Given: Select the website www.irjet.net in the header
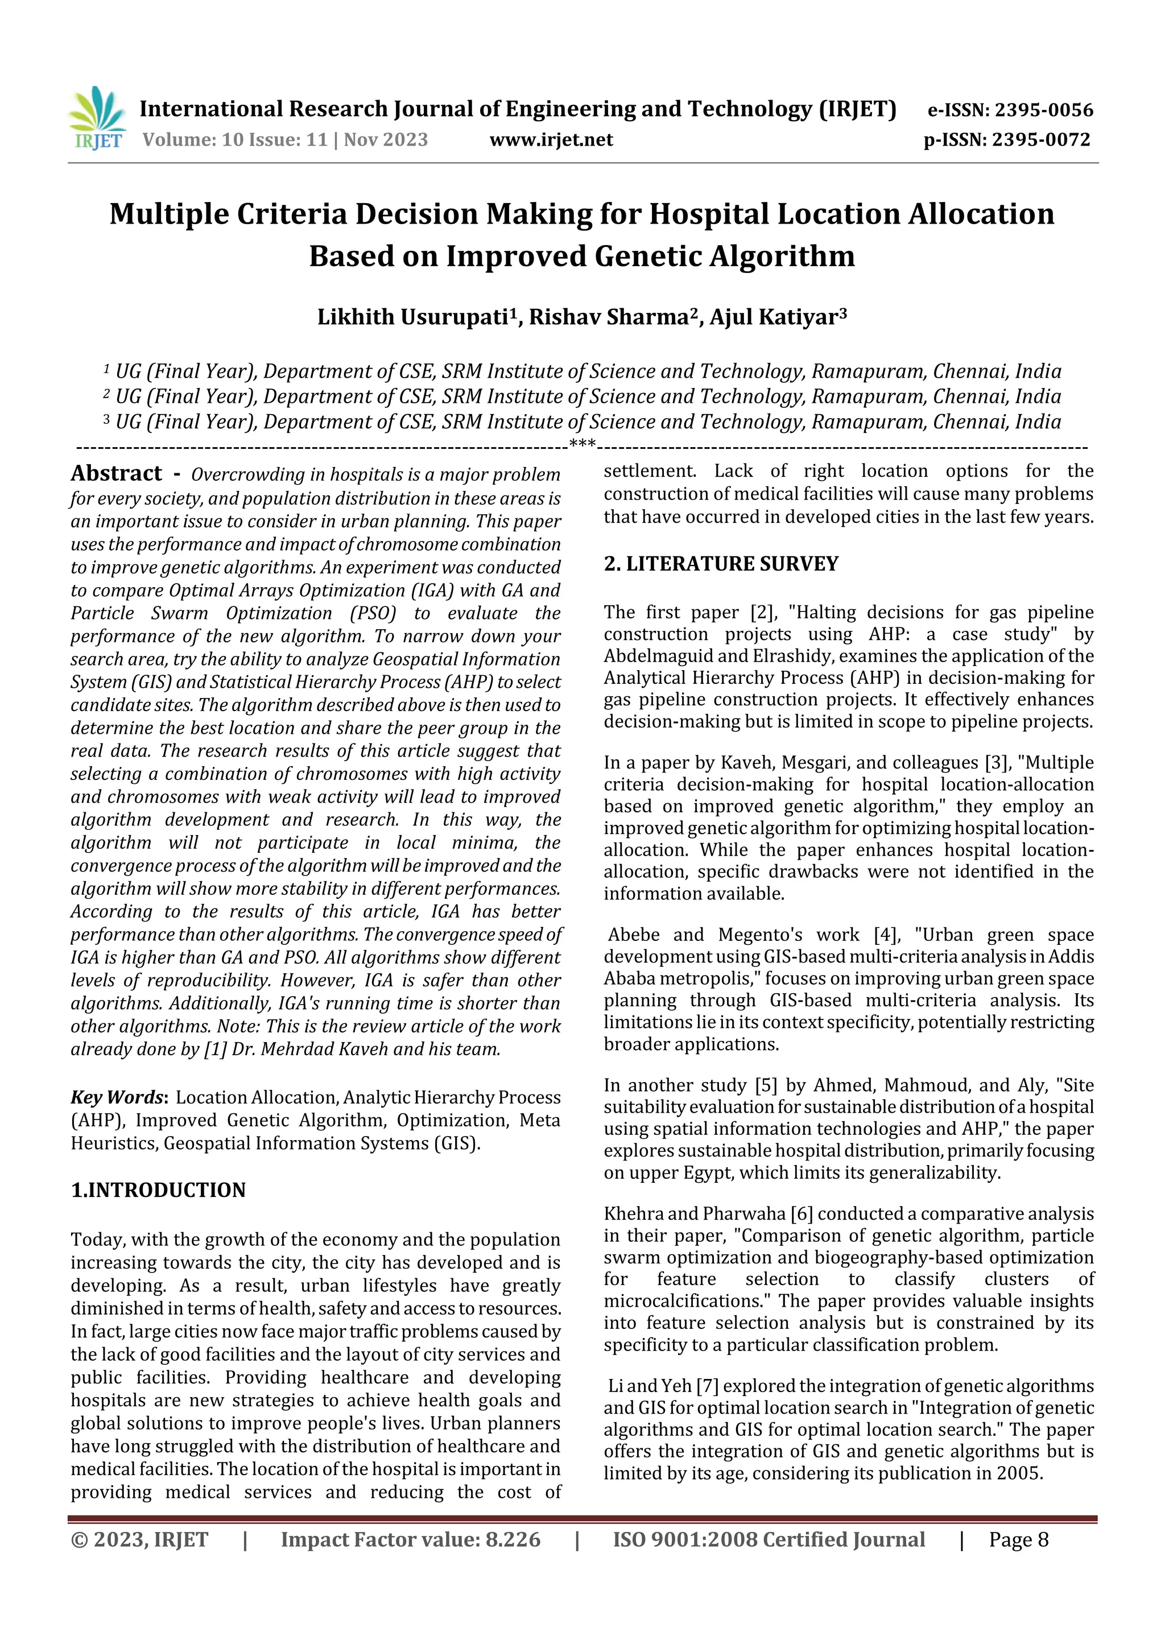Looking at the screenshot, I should pos(551,139).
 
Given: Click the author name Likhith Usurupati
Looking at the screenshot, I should pos(413,317).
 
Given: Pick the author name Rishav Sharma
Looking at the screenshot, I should pos(609,317).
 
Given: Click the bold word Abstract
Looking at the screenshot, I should pos(116,474).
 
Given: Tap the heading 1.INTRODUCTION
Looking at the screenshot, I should pos(158,1190).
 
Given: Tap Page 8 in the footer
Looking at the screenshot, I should pos(1019,1539).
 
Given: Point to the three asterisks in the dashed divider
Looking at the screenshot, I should pos(582,444).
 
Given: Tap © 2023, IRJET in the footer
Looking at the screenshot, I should pos(139,1539).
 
